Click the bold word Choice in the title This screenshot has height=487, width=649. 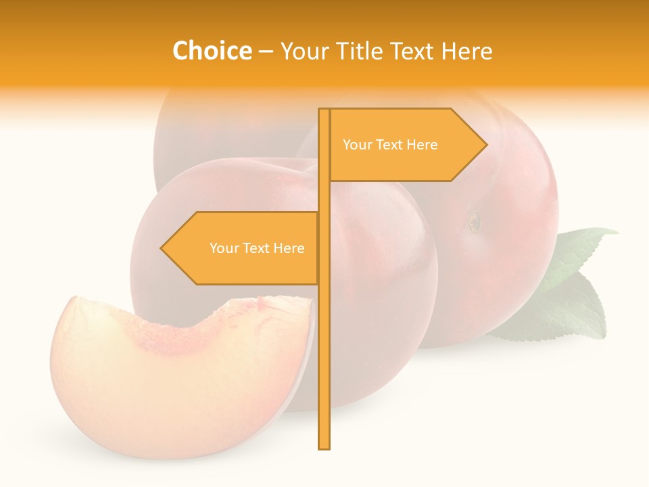click(212, 51)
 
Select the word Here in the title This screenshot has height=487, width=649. click(466, 51)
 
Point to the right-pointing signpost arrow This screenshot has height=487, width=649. click(406, 145)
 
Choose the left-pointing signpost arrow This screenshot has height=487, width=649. click(240, 248)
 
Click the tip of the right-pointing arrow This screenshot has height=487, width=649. click(485, 144)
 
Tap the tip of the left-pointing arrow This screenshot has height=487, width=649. click(162, 248)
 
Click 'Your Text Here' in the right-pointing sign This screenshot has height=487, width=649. click(390, 145)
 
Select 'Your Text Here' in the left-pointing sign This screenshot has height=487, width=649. click(257, 248)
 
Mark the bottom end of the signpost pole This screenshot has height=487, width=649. click(324, 446)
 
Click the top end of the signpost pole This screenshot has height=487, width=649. click(324, 111)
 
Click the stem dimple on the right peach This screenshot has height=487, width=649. click(475, 221)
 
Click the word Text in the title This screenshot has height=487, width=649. click(413, 51)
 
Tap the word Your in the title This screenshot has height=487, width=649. click(303, 51)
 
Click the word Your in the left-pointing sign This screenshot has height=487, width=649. click(222, 248)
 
